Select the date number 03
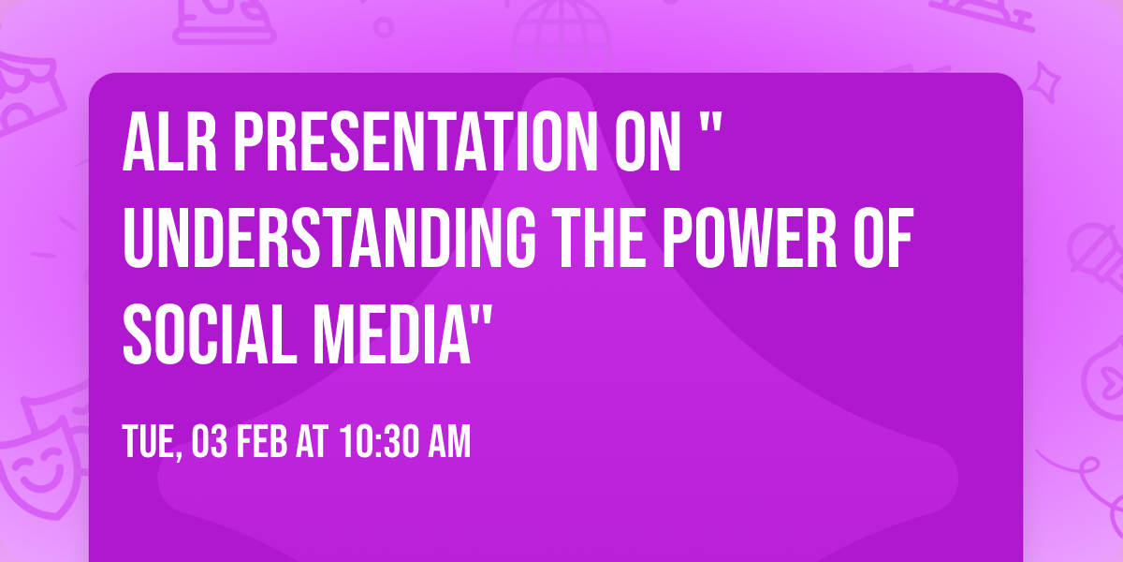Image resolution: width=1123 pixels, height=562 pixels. (210, 443)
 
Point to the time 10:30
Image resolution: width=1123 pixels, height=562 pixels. (374, 443)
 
